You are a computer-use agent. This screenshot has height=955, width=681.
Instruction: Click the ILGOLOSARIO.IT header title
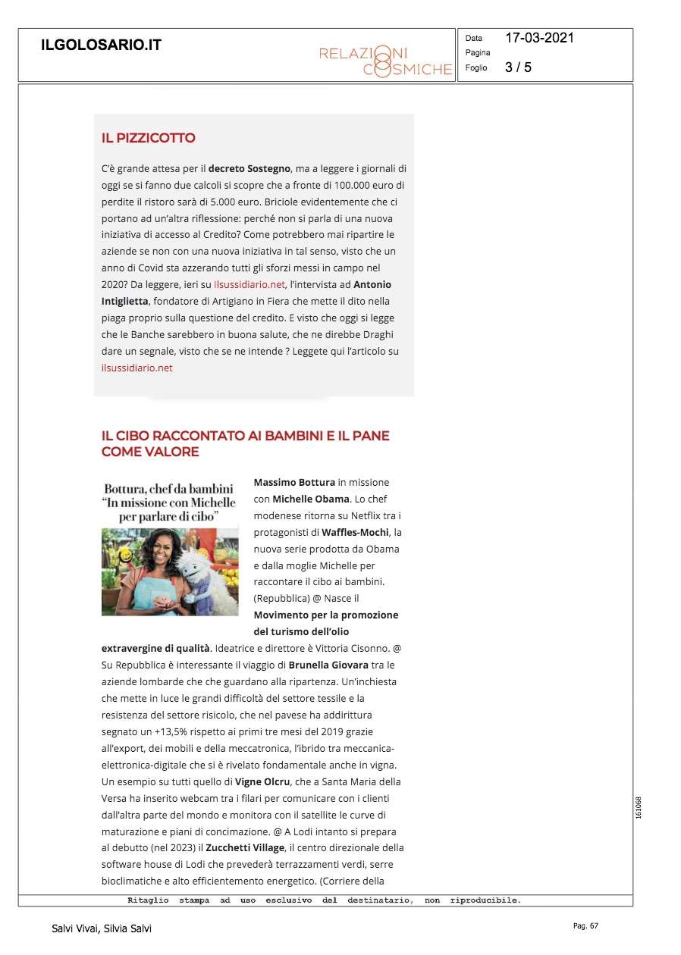pos(101,45)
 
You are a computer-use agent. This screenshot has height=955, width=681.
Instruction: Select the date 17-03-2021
pos(540,38)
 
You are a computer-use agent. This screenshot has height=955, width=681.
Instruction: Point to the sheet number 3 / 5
pos(518,67)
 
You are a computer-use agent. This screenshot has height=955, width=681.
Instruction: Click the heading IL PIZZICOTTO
pos(149,138)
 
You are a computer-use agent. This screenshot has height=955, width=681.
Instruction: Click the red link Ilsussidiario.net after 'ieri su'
pos(249,284)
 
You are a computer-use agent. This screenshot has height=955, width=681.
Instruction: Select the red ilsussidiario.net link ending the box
pos(137,368)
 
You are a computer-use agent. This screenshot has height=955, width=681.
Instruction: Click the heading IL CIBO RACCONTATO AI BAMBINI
pos(245,436)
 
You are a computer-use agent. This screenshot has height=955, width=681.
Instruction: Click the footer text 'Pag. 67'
pos(585,925)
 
